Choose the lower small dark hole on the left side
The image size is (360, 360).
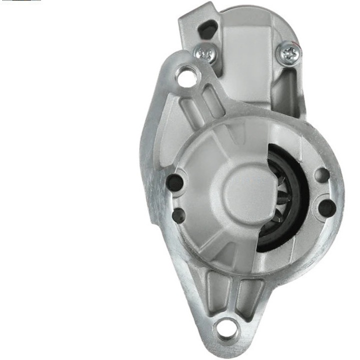click(179, 215)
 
